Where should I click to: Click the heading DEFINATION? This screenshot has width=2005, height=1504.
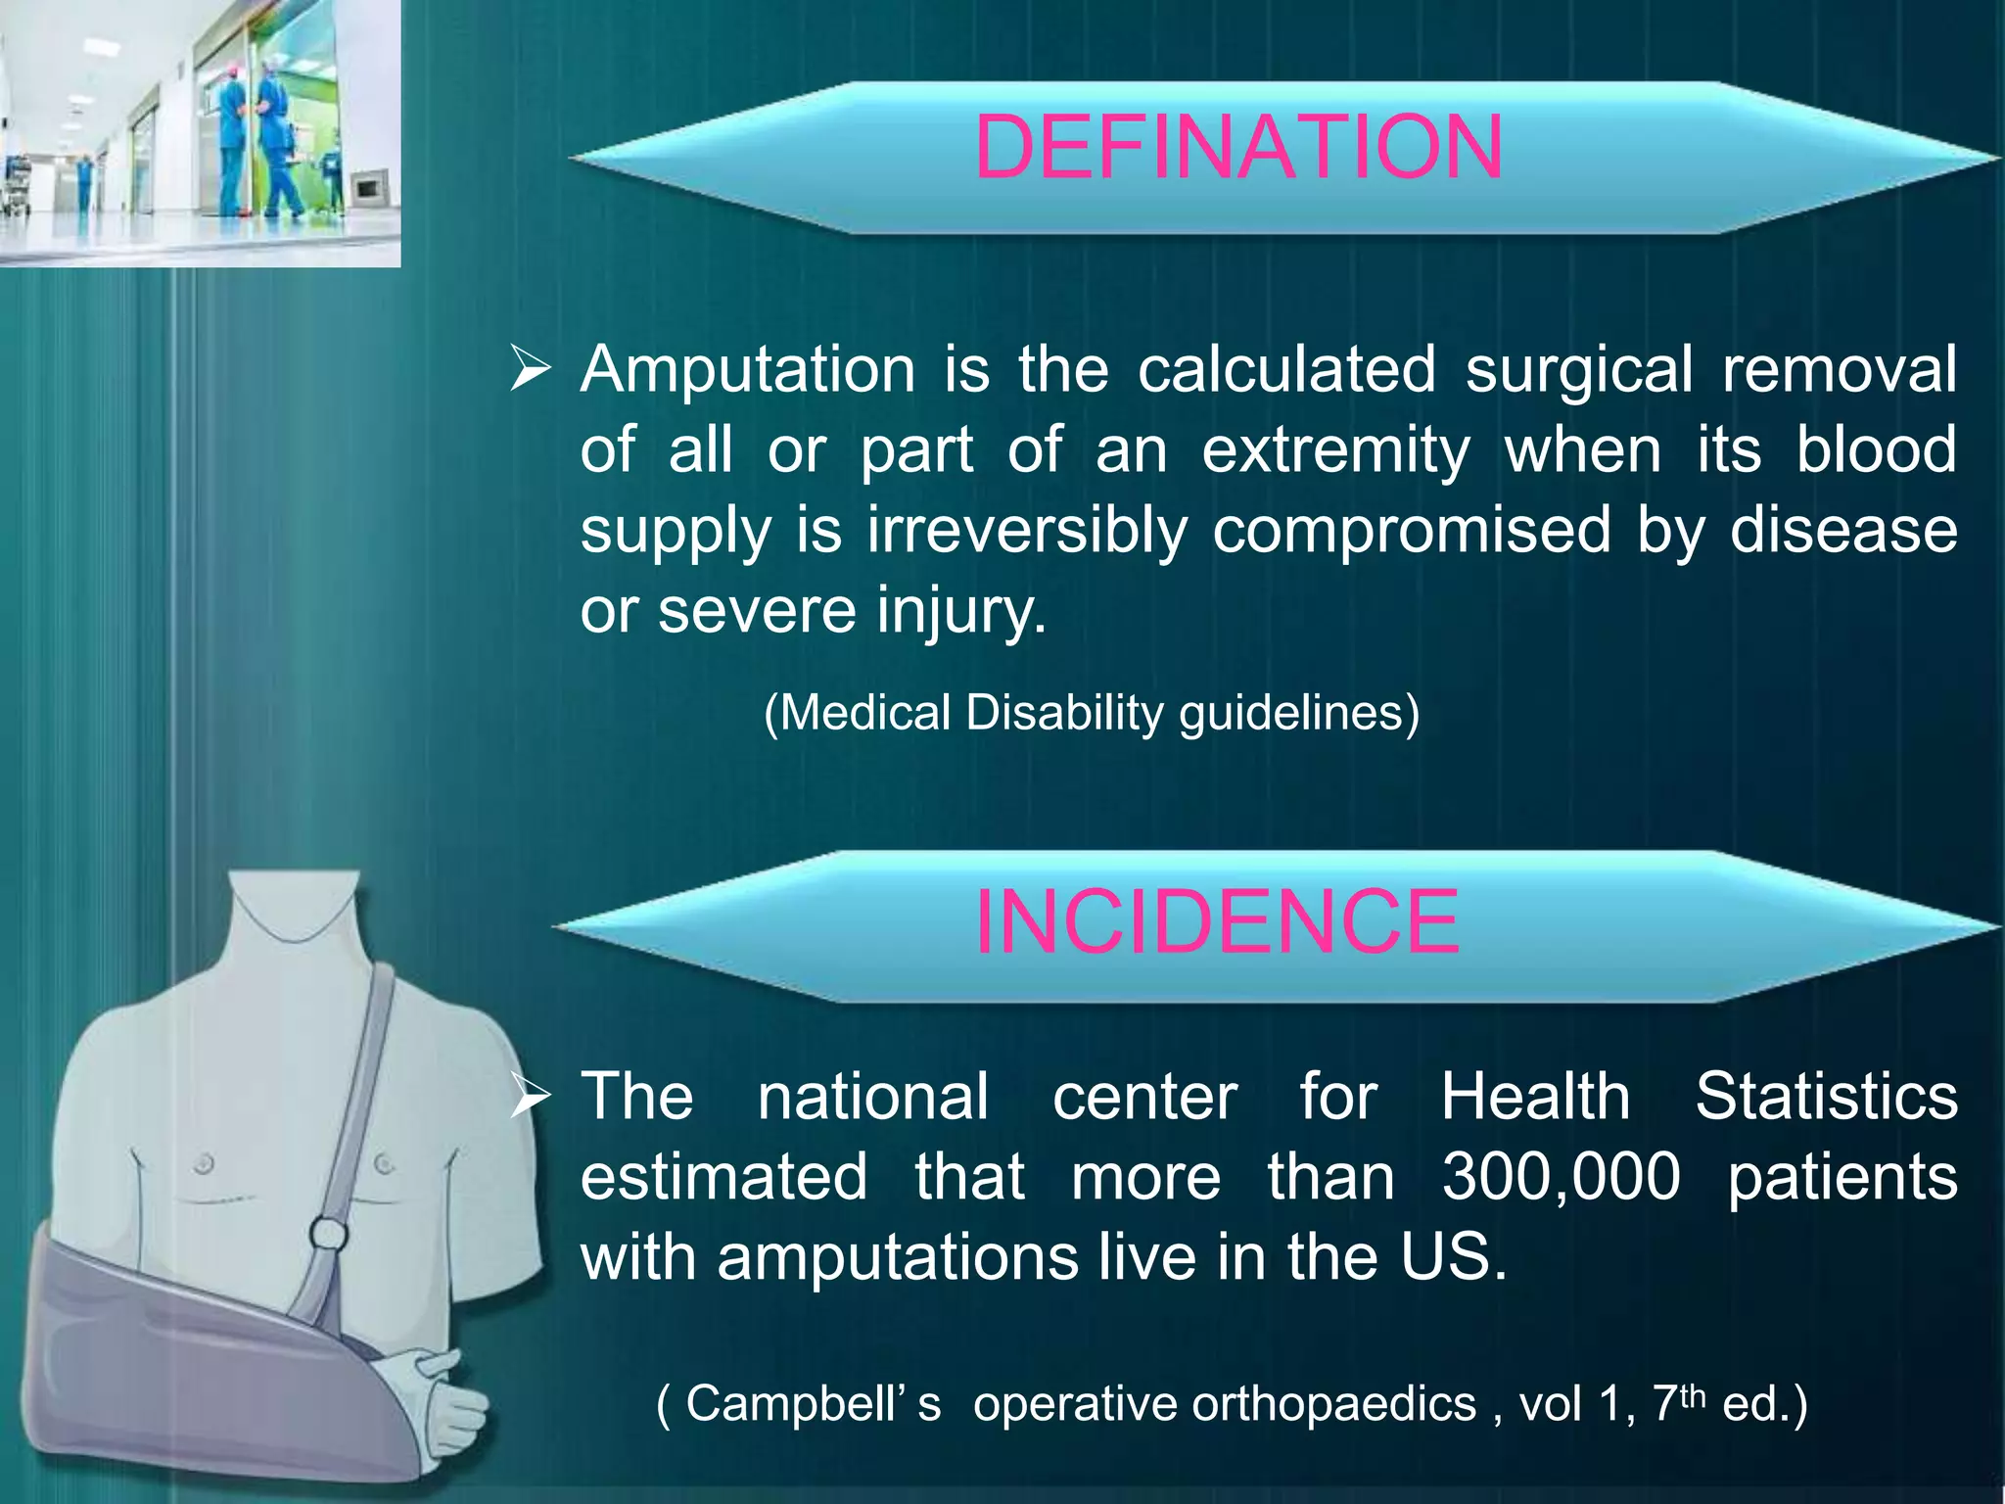coord(1238,148)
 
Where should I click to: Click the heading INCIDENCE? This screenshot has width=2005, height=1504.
coord(1217,921)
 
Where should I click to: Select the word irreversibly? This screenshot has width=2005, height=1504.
coord(1026,530)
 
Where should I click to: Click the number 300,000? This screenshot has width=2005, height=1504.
coord(1561,1176)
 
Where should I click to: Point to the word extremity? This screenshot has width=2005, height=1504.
coord(1335,450)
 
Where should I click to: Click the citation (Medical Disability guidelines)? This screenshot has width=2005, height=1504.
coord(1091,713)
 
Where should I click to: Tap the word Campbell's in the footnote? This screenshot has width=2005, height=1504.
coord(812,1403)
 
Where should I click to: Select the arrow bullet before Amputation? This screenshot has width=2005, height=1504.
coord(532,372)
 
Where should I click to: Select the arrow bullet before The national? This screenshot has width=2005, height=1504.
coord(532,1098)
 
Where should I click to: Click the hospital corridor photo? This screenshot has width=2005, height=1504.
coord(200,132)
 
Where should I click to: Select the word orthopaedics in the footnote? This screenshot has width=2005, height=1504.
coord(1224,1403)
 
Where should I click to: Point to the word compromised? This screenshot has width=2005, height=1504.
coord(1411,530)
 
